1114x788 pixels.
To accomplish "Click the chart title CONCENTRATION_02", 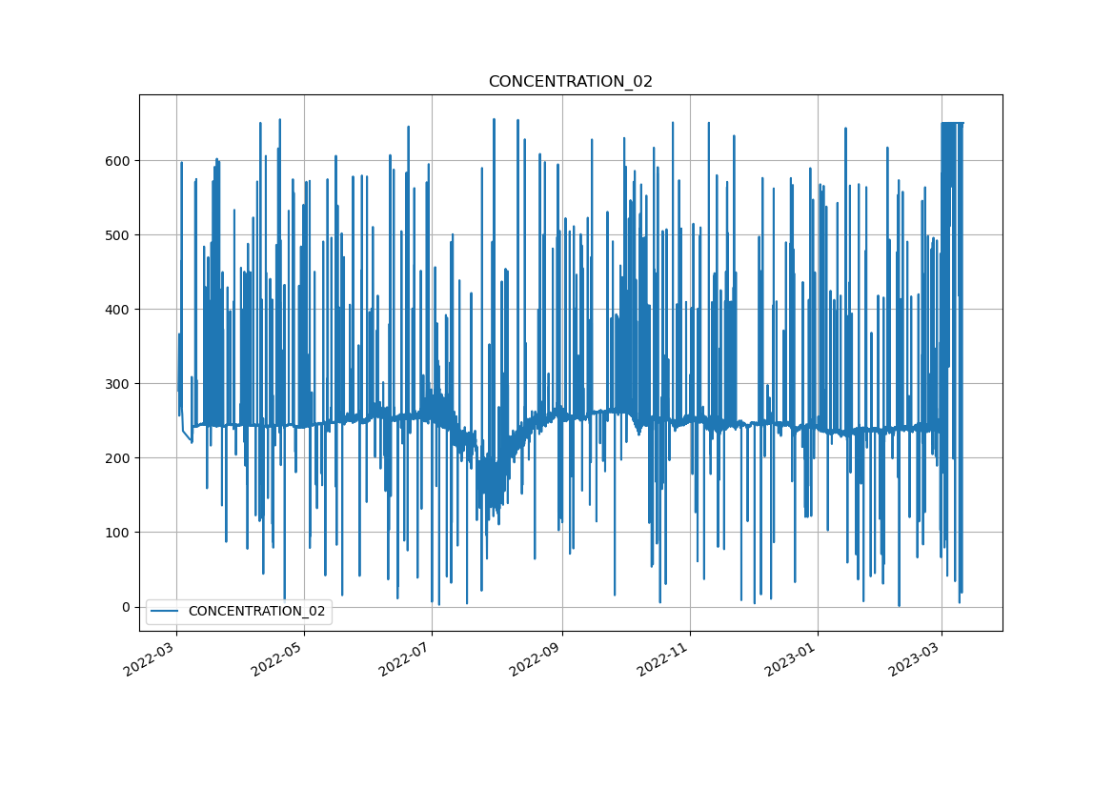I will tap(570, 82).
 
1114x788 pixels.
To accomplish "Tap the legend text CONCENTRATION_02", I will tap(256, 611).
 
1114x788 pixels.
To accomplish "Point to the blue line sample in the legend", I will tap(167, 611).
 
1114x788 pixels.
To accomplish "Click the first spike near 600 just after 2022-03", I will tap(181, 164).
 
